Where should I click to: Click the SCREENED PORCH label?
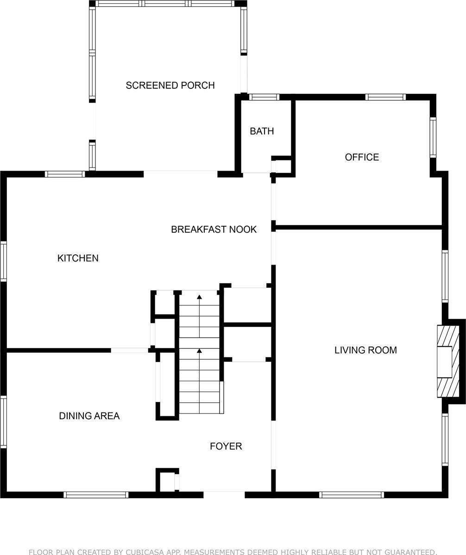[170, 85]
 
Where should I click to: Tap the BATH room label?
[262, 131]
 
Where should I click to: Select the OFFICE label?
[362, 157]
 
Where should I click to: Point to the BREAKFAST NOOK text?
[214, 229]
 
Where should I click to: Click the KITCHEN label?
[78, 258]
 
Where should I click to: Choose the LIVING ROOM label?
[365, 350]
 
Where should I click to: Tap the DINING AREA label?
[89, 416]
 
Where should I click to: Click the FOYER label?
[226, 446]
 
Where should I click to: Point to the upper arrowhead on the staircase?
[200, 297]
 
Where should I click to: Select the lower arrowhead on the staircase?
[200, 351]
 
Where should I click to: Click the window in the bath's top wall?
[264, 97]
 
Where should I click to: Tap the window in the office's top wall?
[385, 97]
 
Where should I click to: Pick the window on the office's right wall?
[433, 137]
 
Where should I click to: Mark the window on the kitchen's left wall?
[3, 261]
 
